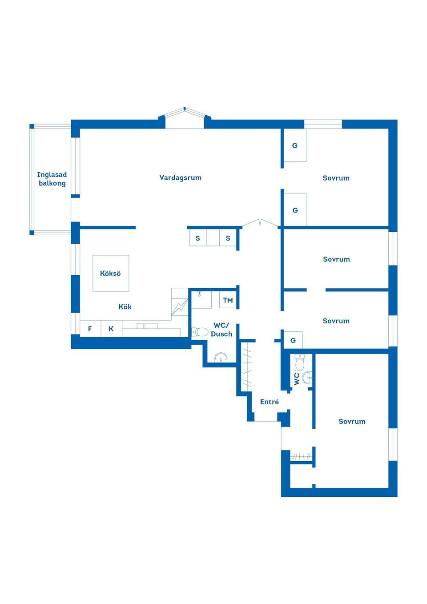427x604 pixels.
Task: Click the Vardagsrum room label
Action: tap(180, 178)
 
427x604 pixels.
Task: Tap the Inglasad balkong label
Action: tap(52, 179)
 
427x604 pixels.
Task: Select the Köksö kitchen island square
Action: tap(111, 273)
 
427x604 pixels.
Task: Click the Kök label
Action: tap(125, 306)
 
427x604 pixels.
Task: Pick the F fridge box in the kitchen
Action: tap(90, 328)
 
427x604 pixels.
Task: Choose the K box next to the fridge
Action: tap(111, 328)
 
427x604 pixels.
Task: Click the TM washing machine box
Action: tap(228, 300)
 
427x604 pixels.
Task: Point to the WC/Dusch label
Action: tap(222, 330)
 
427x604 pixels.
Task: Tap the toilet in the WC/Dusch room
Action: tap(200, 332)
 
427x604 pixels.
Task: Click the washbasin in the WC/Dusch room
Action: tap(221, 358)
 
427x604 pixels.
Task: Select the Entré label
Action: tap(269, 402)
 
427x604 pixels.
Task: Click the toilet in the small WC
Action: tap(300, 362)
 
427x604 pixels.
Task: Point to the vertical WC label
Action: tap(297, 379)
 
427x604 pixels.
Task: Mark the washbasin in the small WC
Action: tap(307, 378)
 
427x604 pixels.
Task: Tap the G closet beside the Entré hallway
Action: tap(293, 340)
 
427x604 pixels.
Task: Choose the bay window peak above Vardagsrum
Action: tap(185, 109)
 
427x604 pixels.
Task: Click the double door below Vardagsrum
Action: tap(260, 223)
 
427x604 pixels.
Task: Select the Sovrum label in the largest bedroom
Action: tap(352, 421)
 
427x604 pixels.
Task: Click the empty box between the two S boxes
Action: tap(213, 238)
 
